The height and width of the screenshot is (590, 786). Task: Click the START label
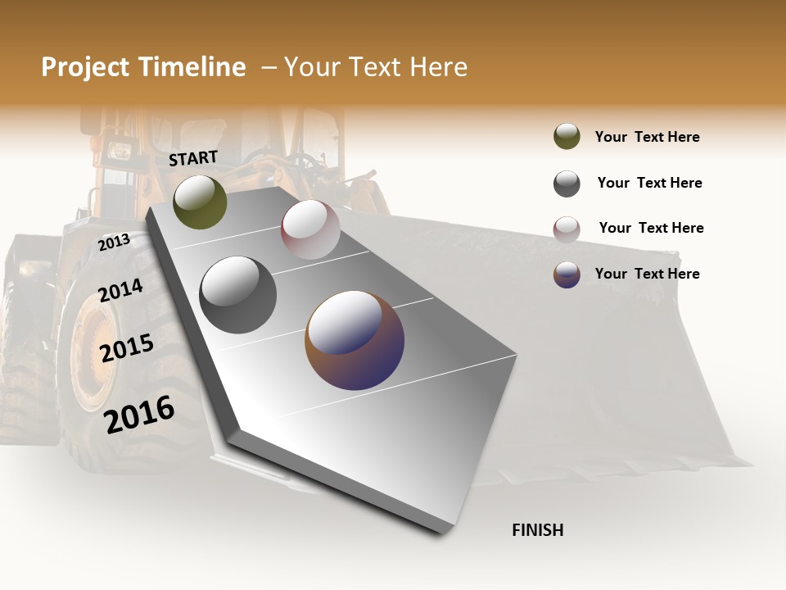193,158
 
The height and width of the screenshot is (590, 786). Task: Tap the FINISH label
537,530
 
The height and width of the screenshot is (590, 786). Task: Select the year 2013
114,242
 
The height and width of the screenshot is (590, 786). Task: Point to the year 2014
120,291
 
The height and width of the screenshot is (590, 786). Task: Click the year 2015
127,348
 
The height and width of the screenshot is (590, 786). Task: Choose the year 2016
139,414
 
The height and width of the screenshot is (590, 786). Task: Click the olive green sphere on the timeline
200,202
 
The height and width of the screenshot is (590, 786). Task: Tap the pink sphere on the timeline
310,229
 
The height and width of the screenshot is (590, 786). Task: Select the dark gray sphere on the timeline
238,295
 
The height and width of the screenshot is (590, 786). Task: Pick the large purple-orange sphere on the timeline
355,340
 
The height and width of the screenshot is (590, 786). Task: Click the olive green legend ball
567,137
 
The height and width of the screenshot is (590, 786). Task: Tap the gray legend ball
567,184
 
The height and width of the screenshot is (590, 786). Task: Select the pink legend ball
567,229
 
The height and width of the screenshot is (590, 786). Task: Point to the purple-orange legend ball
567,275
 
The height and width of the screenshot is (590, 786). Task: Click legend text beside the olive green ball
647,137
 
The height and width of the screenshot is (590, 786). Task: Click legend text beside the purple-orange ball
647,274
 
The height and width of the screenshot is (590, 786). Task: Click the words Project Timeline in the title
143,67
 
